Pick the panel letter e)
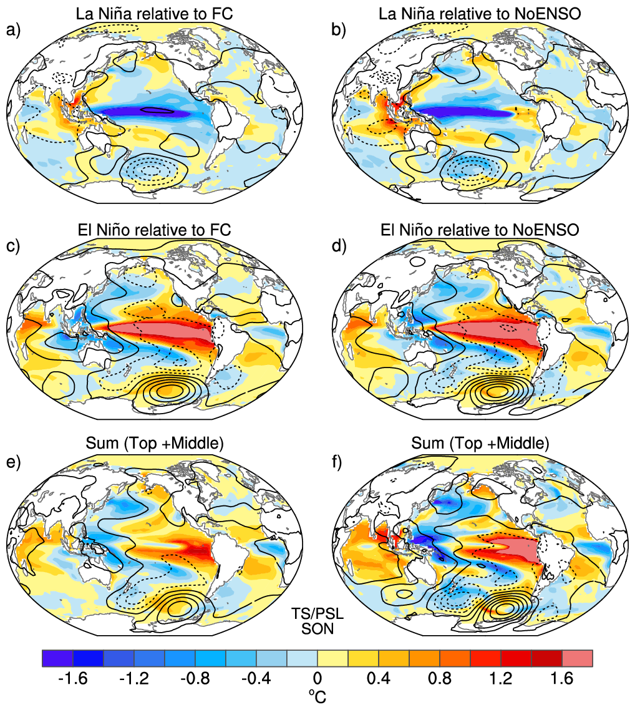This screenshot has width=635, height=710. pyautogui.click(x=14, y=462)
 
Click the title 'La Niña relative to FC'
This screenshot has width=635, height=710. pyautogui.click(x=154, y=14)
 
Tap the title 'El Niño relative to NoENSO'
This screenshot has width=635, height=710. pyautogui.click(x=480, y=230)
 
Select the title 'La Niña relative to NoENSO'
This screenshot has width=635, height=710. pyautogui.click(x=480, y=14)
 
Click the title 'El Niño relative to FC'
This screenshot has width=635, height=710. pyautogui.click(x=154, y=230)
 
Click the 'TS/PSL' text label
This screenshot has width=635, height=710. pyautogui.click(x=317, y=613)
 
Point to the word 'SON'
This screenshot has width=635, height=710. pyautogui.click(x=317, y=629)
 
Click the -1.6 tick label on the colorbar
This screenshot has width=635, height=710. pyautogui.click(x=72, y=678)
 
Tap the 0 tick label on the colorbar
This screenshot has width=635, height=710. pyautogui.click(x=317, y=678)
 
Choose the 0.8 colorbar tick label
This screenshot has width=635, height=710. pyautogui.click(x=440, y=678)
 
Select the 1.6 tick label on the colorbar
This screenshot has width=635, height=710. pyautogui.click(x=562, y=678)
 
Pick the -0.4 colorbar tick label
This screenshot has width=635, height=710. pyautogui.click(x=256, y=678)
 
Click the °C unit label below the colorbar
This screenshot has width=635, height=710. pyautogui.click(x=317, y=696)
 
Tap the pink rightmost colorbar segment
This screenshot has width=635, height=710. pyautogui.click(x=577, y=658)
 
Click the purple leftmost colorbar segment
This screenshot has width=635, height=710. pyautogui.click(x=57, y=658)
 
